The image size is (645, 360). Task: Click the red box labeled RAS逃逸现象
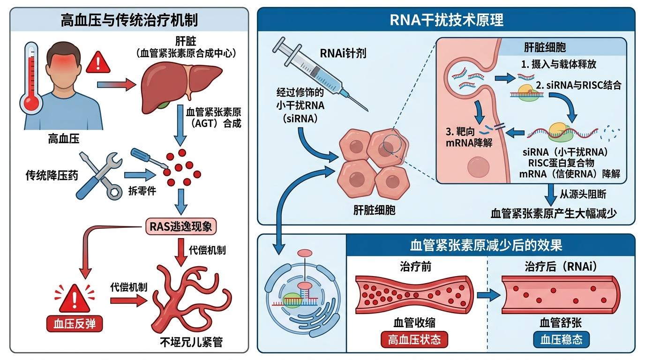click(181, 227)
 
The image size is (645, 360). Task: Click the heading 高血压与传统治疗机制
click(129, 20)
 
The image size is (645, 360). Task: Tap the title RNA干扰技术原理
click(446, 20)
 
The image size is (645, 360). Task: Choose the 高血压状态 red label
click(414, 339)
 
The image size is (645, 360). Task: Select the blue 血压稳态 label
click(561, 339)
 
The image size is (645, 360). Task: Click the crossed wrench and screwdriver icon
click(100, 174)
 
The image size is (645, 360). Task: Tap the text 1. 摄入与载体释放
click(558, 64)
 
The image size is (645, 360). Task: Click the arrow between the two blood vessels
click(487, 295)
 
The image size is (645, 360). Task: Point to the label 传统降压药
click(52, 176)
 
